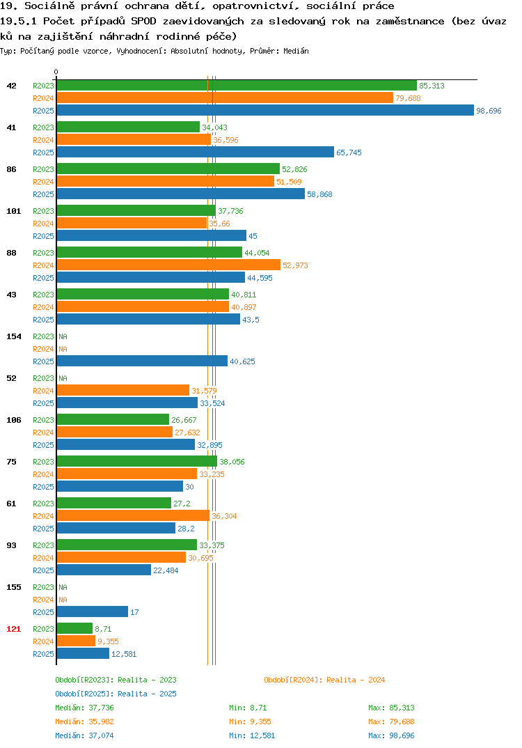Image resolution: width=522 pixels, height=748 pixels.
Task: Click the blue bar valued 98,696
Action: (266, 110)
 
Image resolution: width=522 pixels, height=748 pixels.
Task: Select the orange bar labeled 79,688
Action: (225, 98)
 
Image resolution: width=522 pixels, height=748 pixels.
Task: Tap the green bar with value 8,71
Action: (75, 628)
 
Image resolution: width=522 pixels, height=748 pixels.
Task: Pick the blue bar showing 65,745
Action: (196, 152)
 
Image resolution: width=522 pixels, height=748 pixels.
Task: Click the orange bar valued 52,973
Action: (168, 265)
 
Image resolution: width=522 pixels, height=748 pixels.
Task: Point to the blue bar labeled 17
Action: (93, 611)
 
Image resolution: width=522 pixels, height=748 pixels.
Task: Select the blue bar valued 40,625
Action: (142, 361)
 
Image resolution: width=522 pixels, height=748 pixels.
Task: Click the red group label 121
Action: (14, 629)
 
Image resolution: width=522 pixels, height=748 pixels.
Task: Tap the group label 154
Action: (14, 336)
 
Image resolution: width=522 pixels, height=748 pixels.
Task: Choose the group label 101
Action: (14, 211)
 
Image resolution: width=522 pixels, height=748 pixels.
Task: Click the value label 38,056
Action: (232, 462)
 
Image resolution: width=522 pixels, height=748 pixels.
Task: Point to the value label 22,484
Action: (166, 570)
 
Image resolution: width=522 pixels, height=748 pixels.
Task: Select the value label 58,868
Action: (319, 194)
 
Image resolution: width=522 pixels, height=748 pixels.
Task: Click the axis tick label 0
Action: (56, 72)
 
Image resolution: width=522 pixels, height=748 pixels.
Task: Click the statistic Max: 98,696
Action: (391, 735)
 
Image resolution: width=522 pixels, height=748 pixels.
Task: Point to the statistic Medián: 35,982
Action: (84, 722)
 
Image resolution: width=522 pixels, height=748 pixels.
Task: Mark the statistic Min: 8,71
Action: (248, 708)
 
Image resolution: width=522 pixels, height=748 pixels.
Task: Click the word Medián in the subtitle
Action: (296, 51)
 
